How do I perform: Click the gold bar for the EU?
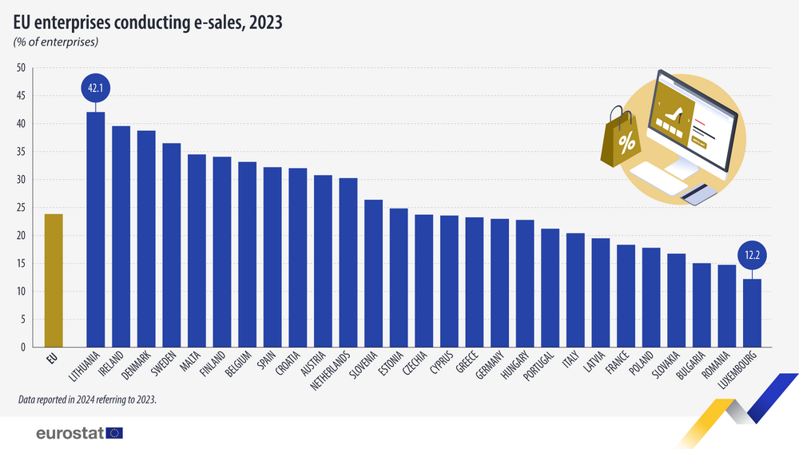53,280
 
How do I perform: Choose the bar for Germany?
499,283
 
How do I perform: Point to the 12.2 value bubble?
752,256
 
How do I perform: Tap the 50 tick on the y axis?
21,68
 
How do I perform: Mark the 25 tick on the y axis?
21,208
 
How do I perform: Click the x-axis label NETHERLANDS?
336,375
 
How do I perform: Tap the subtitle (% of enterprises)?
55,42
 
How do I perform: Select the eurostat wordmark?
70,433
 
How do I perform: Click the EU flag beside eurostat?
114,433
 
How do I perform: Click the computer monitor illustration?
692,120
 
